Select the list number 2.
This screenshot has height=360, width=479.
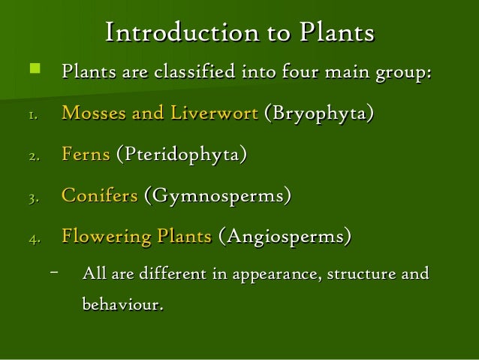pos(32,157)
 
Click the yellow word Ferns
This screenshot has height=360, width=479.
pos(86,156)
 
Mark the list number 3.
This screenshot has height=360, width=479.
pos(32,198)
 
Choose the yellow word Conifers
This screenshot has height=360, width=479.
pos(99,196)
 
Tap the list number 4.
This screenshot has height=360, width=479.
pos(32,240)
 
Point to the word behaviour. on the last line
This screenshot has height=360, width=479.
pos(122,306)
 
